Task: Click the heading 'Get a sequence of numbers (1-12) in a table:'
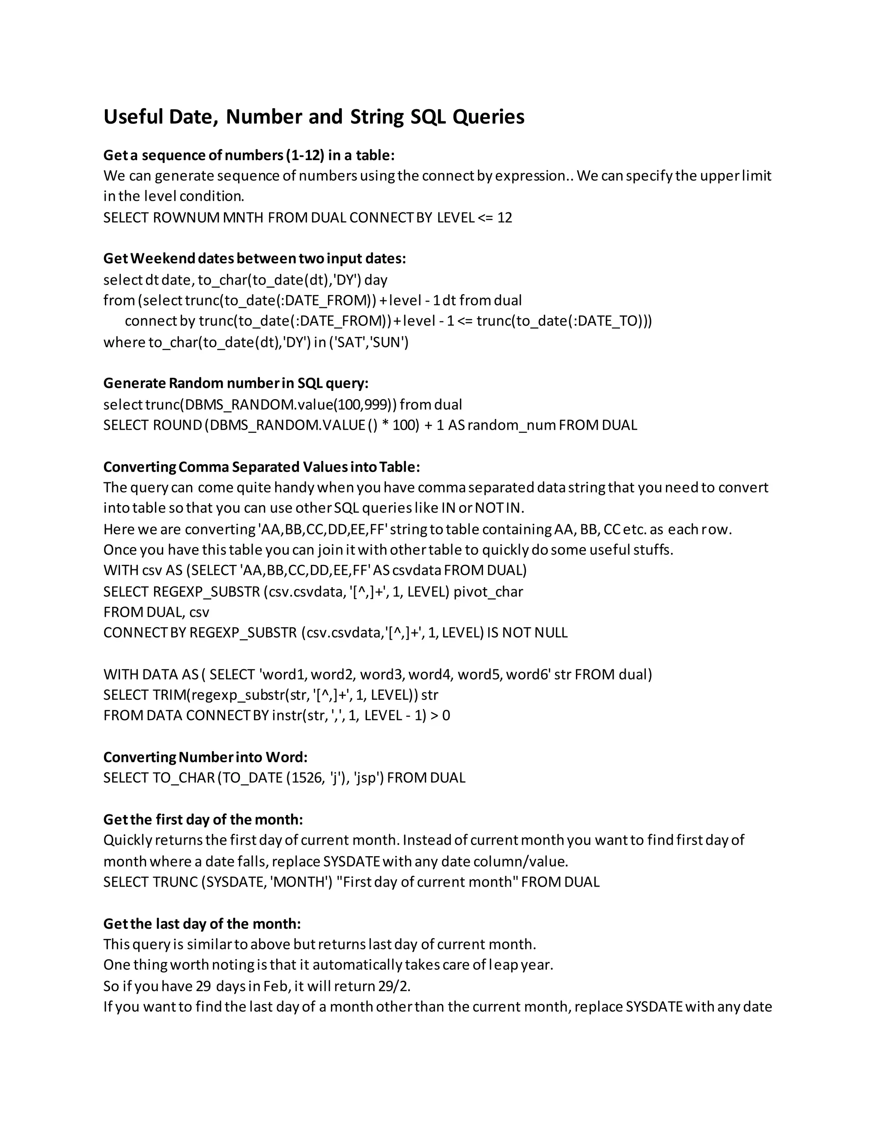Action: coord(249,155)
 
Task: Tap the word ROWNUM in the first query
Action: coord(185,217)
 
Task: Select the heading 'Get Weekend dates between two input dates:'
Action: coord(255,258)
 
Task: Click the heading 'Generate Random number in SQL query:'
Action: coord(236,383)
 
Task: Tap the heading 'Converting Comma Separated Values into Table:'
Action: coord(261,467)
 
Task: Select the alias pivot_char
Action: coord(488,591)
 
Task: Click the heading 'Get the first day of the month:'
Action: coord(203,819)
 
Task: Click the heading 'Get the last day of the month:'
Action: coord(202,924)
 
